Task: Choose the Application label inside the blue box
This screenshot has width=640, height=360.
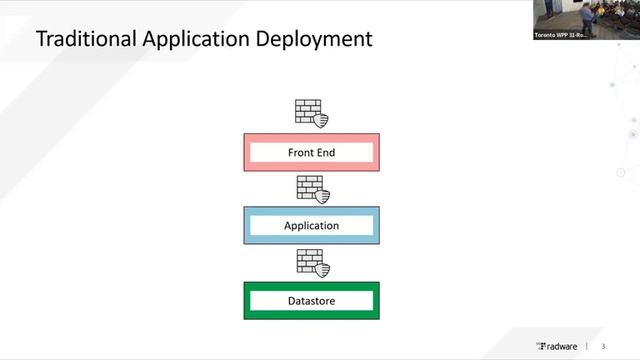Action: coord(311,226)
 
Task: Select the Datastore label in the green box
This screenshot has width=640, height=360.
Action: coord(311,300)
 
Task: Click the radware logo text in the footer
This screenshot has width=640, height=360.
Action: coord(563,345)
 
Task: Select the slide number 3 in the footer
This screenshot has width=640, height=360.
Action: coord(603,345)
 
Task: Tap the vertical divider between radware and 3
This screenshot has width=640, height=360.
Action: coord(586,345)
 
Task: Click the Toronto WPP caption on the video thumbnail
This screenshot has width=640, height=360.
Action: coord(560,34)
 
